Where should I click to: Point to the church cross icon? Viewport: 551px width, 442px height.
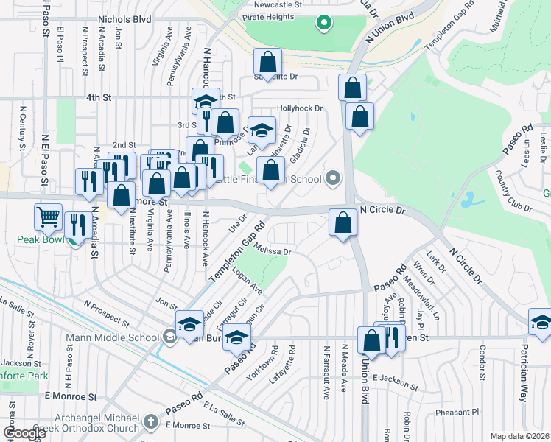151,423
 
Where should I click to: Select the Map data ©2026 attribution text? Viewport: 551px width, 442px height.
519,436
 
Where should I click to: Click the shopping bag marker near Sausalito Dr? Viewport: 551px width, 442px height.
267,61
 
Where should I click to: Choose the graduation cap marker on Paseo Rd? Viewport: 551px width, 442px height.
236,338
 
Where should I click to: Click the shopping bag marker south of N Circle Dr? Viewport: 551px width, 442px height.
343,222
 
